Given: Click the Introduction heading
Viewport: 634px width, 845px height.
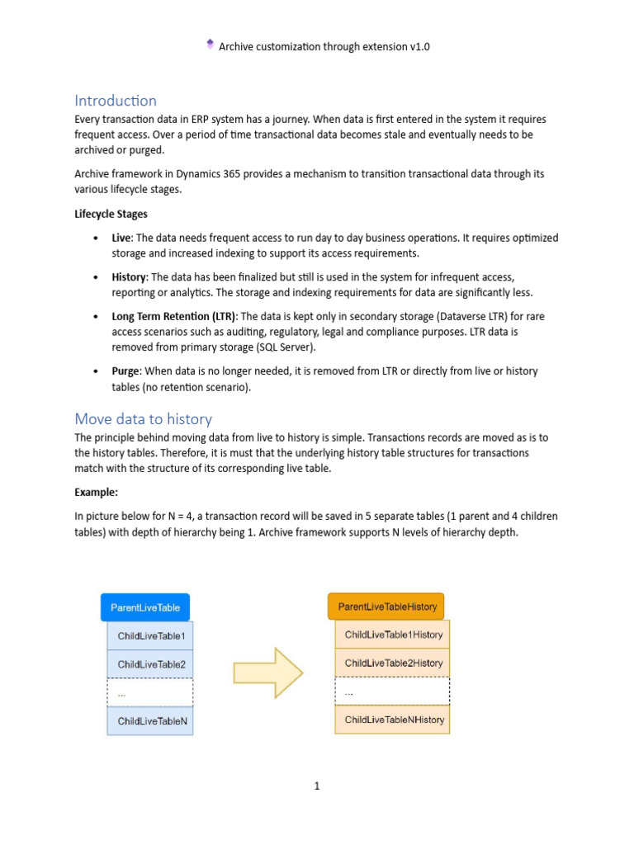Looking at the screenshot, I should [x=116, y=101].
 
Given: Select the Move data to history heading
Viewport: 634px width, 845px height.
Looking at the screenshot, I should [x=143, y=418].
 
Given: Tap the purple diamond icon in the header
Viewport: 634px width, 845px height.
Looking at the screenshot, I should [x=210, y=45].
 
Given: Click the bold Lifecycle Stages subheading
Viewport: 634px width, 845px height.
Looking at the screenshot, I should [x=111, y=214].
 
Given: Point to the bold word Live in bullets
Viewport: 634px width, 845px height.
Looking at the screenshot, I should [x=122, y=238].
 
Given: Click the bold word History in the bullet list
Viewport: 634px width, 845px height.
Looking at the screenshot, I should [x=129, y=277].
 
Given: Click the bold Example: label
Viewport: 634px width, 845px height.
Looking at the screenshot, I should [x=97, y=492].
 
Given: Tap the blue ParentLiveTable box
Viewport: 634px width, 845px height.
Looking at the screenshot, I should [x=145, y=608].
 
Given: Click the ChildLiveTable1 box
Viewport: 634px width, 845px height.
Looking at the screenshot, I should [x=151, y=636].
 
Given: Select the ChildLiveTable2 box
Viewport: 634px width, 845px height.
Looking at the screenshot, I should [x=151, y=664].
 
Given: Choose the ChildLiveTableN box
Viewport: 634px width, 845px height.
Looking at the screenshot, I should [x=151, y=720].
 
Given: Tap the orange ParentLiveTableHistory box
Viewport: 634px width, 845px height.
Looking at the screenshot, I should [x=386, y=607].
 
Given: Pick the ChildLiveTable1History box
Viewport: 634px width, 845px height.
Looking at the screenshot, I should [x=393, y=635].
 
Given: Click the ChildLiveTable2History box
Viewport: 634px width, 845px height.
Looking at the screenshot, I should [x=393, y=663].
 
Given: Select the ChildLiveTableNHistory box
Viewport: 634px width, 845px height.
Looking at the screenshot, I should [x=393, y=720].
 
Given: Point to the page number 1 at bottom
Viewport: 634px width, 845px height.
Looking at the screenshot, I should [x=316, y=786].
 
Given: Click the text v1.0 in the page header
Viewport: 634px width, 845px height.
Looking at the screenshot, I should [x=419, y=47].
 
